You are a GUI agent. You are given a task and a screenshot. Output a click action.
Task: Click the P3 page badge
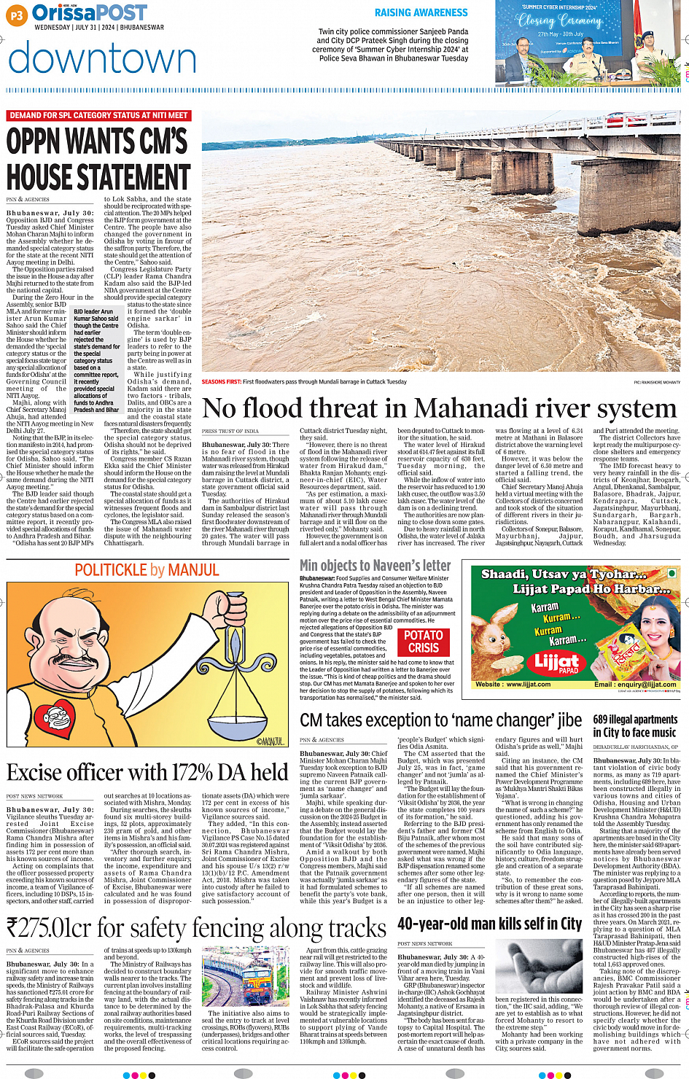coord(17,14)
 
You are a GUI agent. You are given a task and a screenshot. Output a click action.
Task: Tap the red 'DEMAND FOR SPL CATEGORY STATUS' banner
coord(99,115)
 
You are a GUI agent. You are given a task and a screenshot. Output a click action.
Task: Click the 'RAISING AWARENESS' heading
coord(421,12)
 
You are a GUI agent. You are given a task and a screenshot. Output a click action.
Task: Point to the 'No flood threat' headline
coord(439,408)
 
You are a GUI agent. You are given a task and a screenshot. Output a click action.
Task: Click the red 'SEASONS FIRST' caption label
coord(222,381)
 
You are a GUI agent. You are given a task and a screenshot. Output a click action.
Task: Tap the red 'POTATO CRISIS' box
coord(424,642)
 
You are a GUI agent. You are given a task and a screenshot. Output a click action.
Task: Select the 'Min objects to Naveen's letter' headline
coord(375,565)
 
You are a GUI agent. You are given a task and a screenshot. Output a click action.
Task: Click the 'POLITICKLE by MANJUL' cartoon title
coord(147,570)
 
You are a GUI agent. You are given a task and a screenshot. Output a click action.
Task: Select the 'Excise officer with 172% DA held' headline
coord(147,772)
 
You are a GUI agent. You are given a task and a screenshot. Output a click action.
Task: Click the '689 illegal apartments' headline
coord(635,725)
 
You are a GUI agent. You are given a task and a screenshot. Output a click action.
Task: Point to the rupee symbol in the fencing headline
coord(12,929)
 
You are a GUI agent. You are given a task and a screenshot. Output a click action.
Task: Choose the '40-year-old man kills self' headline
coord(489,924)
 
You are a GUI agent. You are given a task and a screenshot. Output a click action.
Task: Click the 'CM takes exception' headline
coord(440,720)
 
